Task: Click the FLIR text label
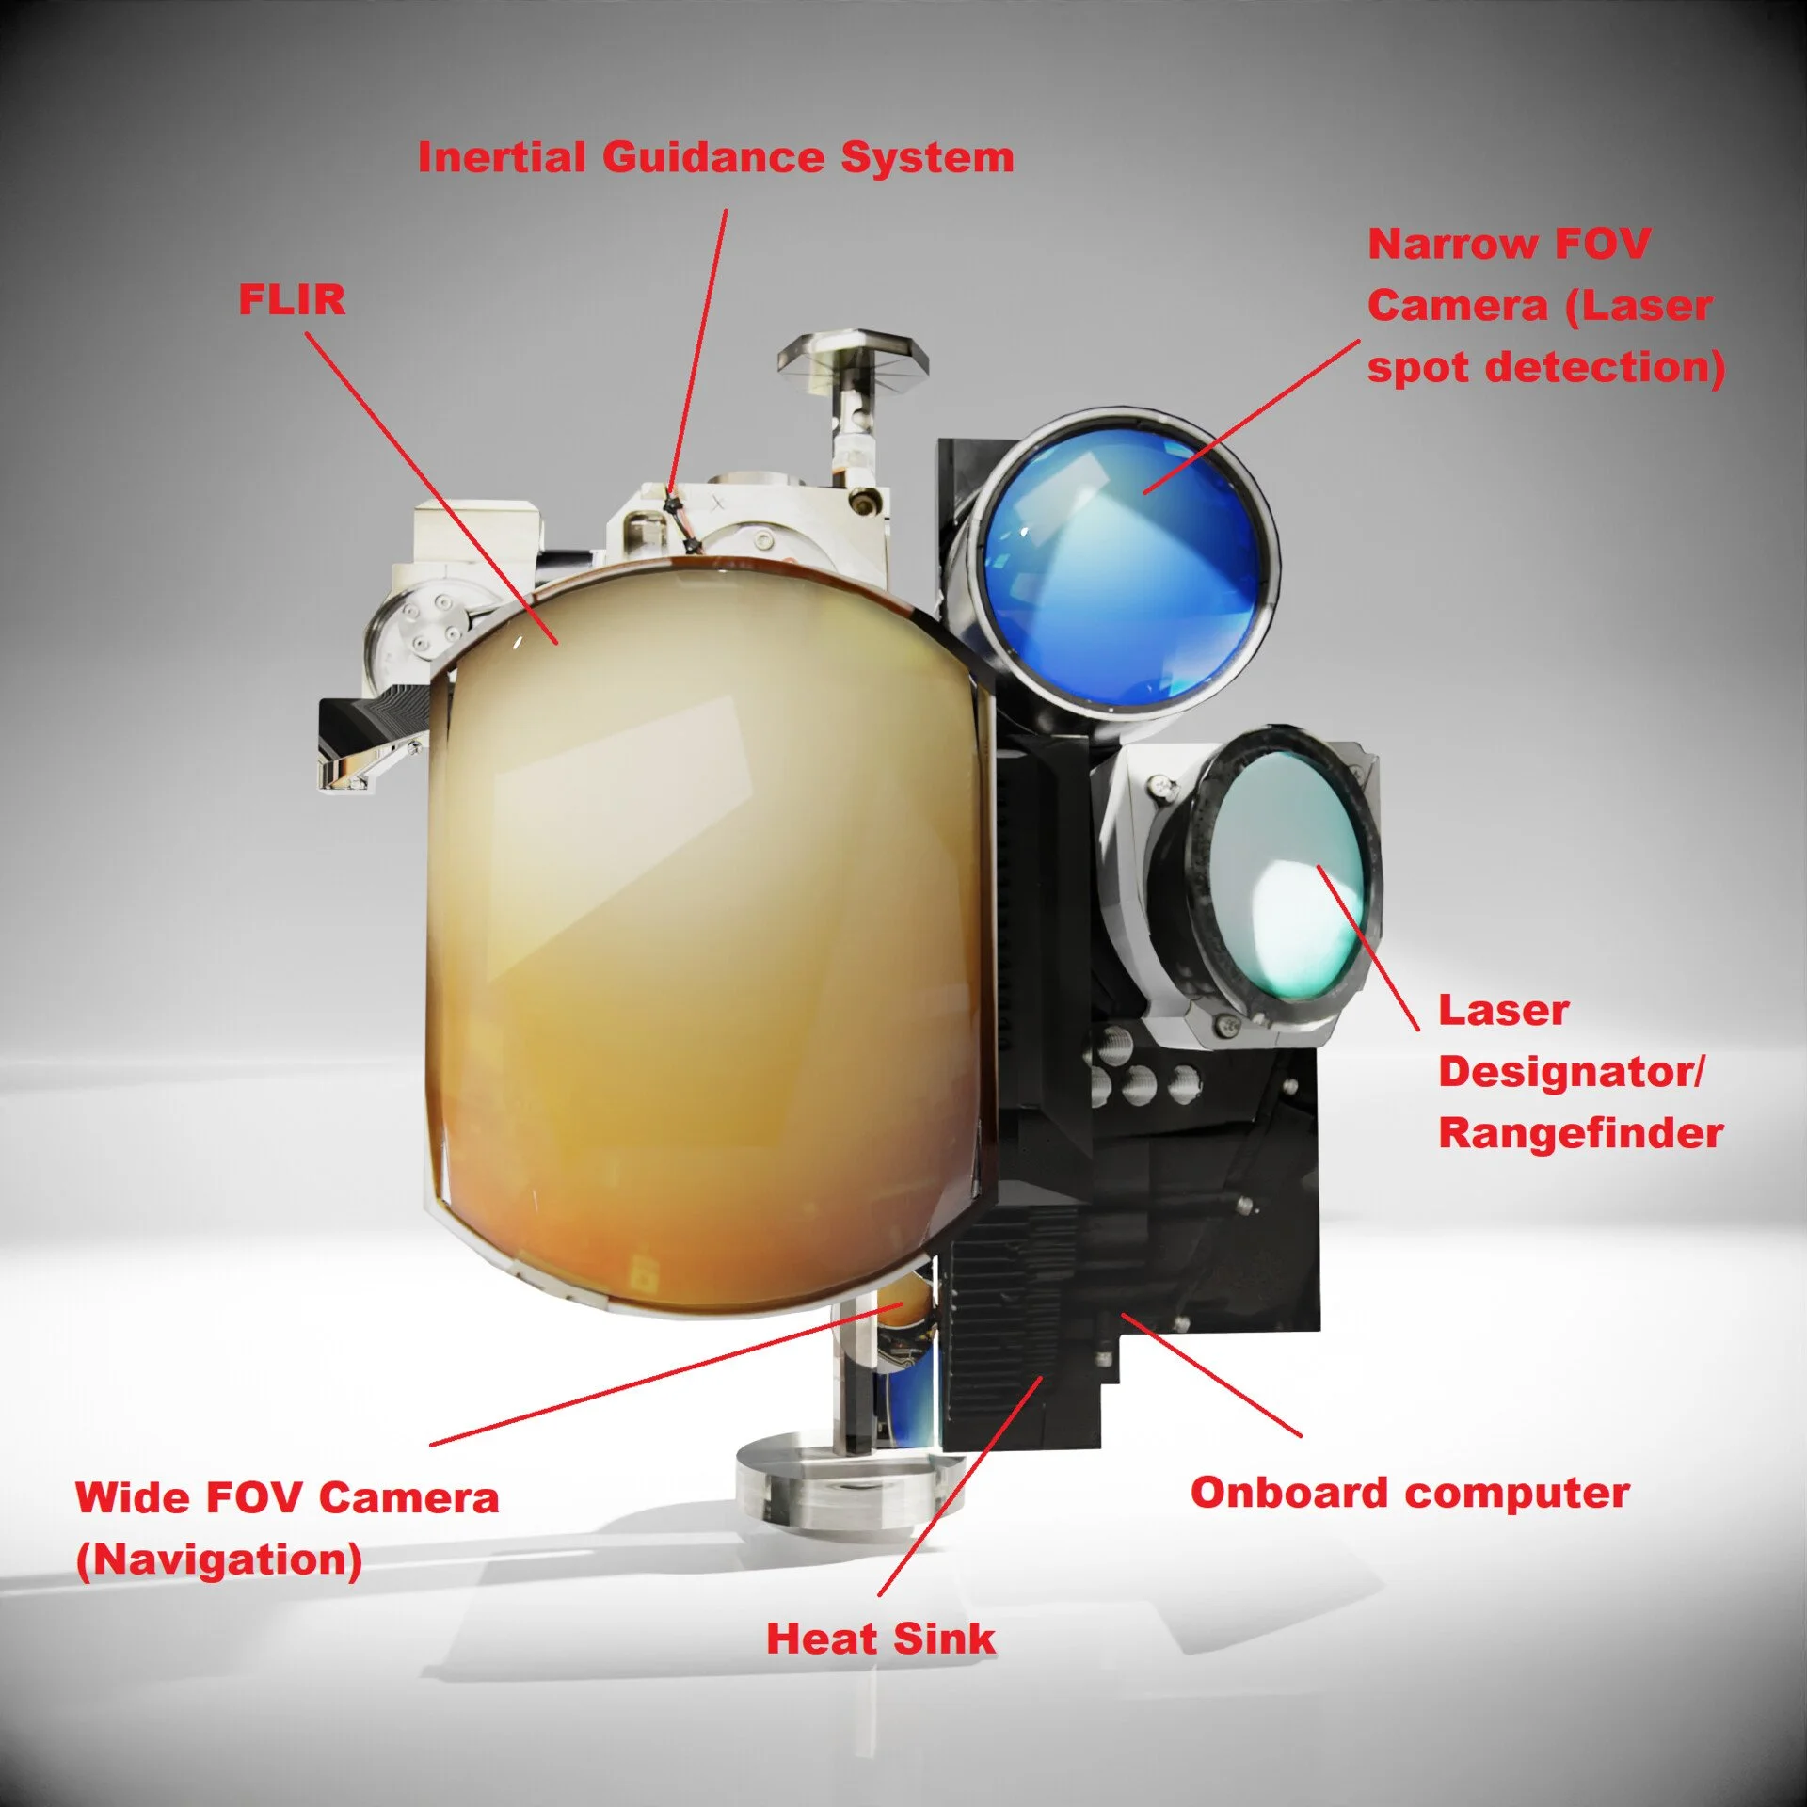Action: (292, 300)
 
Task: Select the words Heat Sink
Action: (880, 1639)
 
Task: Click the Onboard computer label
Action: (1409, 1494)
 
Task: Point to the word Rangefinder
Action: (1580, 1133)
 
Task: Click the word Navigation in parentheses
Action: (219, 1560)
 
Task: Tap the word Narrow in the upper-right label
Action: (1452, 245)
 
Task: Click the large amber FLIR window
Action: (706, 941)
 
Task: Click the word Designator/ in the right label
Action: (1570, 1073)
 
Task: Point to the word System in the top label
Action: (927, 157)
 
